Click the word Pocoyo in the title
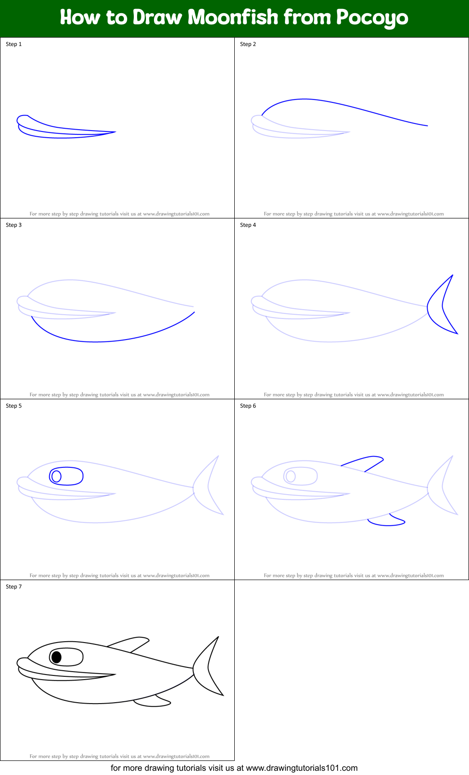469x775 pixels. click(x=372, y=18)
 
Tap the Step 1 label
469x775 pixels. click(x=14, y=44)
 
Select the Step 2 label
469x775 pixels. click(x=248, y=44)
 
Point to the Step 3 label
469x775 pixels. click(x=14, y=225)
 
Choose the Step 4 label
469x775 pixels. click(x=248, y=225)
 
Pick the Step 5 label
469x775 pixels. click(x=14, y=406)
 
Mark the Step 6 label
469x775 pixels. click(x=248, y=406)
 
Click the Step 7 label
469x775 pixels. click(x=14, y=587)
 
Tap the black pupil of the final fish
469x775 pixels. click(x=56, y=657)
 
